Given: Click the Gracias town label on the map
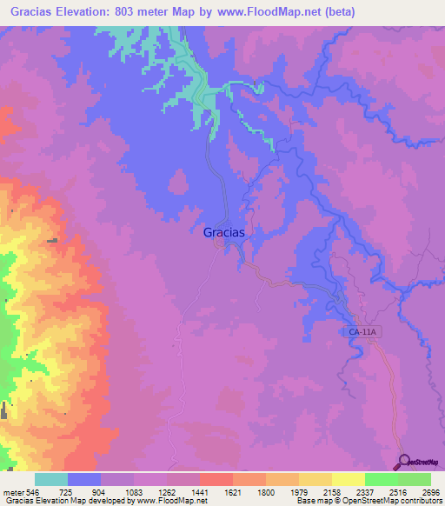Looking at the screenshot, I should (x=223, y=232).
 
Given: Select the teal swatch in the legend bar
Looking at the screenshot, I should (x=51, y=479).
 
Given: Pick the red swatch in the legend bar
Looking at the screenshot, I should (x=216, y=479).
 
